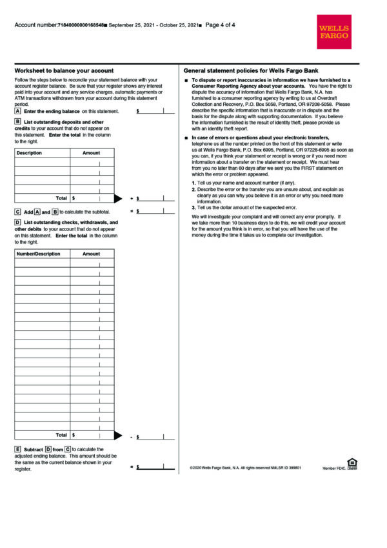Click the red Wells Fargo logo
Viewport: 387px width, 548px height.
333,32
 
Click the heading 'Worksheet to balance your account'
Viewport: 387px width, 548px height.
64,70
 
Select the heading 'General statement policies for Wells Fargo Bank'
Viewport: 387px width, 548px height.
250,70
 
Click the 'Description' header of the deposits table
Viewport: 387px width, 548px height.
29,153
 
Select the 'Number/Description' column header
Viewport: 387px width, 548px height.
38,254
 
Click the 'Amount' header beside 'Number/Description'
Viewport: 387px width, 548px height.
92,254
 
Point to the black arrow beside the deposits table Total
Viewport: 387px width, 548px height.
118,198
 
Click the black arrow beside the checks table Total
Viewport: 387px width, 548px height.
118,435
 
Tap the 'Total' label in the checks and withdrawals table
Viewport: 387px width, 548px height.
61,435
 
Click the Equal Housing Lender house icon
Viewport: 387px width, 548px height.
352,462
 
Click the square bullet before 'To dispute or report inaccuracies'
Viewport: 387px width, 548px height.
186,80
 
